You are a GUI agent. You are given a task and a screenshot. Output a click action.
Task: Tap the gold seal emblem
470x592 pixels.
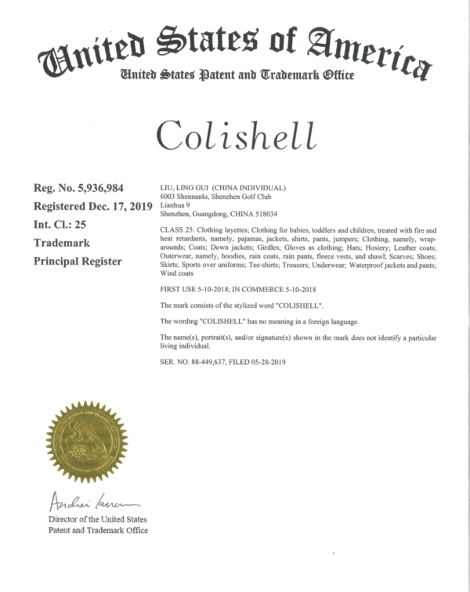point(86,441)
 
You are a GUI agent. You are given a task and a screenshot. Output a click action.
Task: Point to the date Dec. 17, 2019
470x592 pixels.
point(116,207)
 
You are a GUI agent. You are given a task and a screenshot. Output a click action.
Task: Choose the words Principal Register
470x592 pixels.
point(78,262)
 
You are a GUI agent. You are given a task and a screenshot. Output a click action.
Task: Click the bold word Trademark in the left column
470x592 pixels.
point(61,244)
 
